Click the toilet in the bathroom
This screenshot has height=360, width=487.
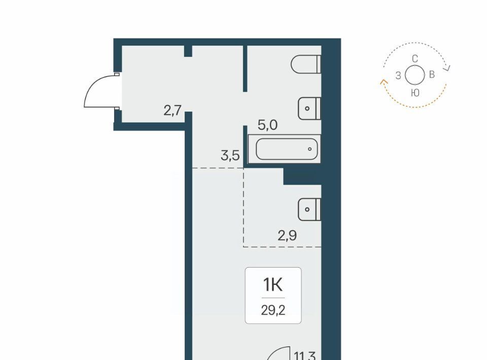click(306, 64)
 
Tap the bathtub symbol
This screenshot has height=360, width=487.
click(285, 149)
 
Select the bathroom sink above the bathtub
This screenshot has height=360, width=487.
click(309, 109)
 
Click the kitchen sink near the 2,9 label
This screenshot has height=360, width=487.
click(309, 209)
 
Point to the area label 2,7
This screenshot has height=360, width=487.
click(172, 110)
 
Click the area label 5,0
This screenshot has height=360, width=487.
click(267, 125)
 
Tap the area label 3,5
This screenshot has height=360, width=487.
click(230, 155)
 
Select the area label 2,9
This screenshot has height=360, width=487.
click(287, 236)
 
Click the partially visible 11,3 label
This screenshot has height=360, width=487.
click(305, 355)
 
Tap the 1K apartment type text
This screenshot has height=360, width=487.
click(273, 284)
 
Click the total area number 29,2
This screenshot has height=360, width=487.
click(273, 310)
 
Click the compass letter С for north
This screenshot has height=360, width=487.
click(415, 59)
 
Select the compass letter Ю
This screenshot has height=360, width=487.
click(415, 92)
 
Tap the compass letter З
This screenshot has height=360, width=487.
click(398, 76)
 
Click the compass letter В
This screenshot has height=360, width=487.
click(432, 75)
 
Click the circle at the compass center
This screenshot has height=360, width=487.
click(415, 75)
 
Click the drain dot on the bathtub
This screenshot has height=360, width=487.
click(309, 149)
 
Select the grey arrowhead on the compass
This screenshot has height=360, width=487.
click(447, 68)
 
